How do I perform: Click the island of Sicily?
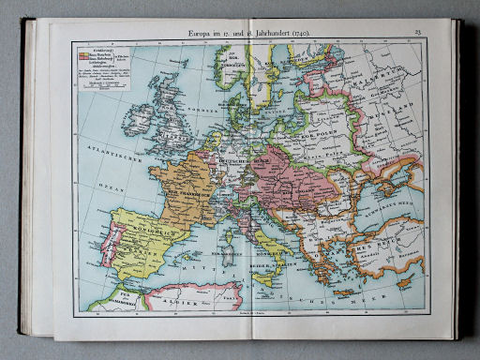(266, 277)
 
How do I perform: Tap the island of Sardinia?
(226, 255)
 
